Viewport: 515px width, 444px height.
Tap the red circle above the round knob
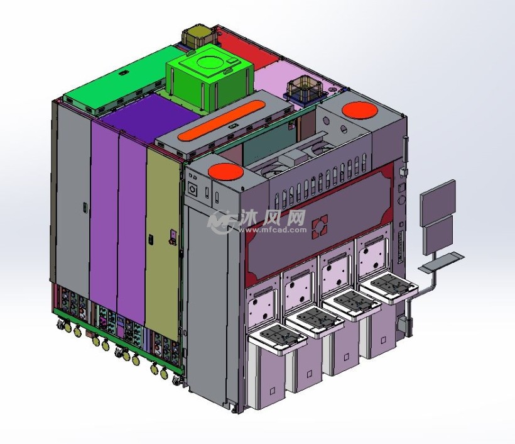(225, 172)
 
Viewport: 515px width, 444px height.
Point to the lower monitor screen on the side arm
(438, 235)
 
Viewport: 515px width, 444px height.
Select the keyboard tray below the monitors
(442, 262)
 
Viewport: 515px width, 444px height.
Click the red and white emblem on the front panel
(320, 226)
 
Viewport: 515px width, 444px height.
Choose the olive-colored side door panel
(163, 243)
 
